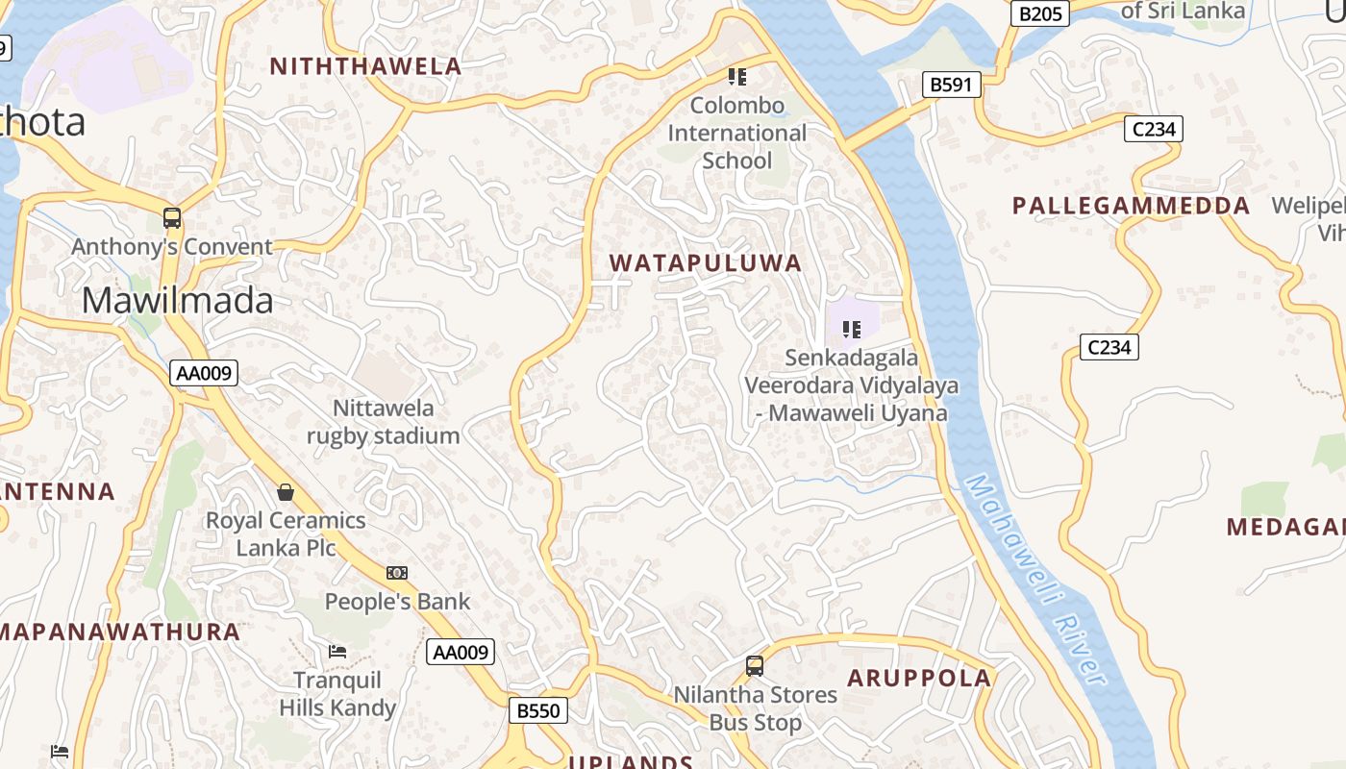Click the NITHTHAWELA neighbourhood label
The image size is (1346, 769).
365,66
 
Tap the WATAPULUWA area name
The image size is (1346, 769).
706,263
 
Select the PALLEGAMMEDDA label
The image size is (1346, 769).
1131,206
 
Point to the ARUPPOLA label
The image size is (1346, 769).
918,678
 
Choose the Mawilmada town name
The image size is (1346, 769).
177,301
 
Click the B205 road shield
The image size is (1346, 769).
1040,13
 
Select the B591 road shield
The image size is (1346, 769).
951,85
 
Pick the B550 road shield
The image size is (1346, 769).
537,710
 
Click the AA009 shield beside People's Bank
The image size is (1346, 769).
461,652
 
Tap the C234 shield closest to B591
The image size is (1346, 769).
1153,129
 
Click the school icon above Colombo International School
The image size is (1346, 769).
736,77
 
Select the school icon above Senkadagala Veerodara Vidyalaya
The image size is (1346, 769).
851,331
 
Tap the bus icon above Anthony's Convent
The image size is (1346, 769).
172,218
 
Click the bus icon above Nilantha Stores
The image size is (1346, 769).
755,665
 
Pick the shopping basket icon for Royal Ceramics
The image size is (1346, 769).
286,493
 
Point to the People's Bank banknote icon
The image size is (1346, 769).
397,573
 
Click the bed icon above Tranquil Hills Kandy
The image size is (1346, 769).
337,652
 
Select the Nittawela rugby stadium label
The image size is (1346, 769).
383,422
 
